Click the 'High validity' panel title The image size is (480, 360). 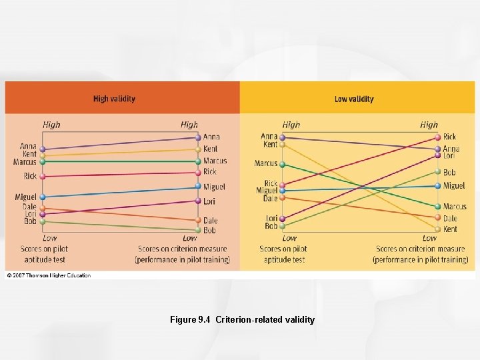pos(114,99)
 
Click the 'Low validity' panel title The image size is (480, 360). pos(354,99)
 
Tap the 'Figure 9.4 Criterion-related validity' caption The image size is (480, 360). pos(242,320)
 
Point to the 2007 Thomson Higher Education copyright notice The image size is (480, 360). pos(48,275)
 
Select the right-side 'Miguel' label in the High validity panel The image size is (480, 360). pos(215,187)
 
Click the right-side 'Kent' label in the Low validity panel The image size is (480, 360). pos(450,229)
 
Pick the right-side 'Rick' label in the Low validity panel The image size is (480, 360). pos(450,137)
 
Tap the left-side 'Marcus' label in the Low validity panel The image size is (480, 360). pos(265,163)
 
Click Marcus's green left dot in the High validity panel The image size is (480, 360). pos(43,161)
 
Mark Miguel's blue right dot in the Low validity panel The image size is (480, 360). pos(438,186)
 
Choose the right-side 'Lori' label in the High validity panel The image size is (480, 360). pos(210,201)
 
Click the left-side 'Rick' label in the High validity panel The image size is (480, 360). pos(30,176)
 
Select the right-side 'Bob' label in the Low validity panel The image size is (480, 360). pos(449,173)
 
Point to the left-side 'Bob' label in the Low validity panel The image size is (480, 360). pos(271,227)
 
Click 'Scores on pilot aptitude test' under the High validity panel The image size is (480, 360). pos(44,254)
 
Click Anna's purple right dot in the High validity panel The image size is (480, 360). pos(198,137)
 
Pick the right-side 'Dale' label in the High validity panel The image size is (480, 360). pos(210,221)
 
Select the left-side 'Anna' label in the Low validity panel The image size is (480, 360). pos(269,137)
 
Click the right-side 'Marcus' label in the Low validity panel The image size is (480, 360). pos(455,207)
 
